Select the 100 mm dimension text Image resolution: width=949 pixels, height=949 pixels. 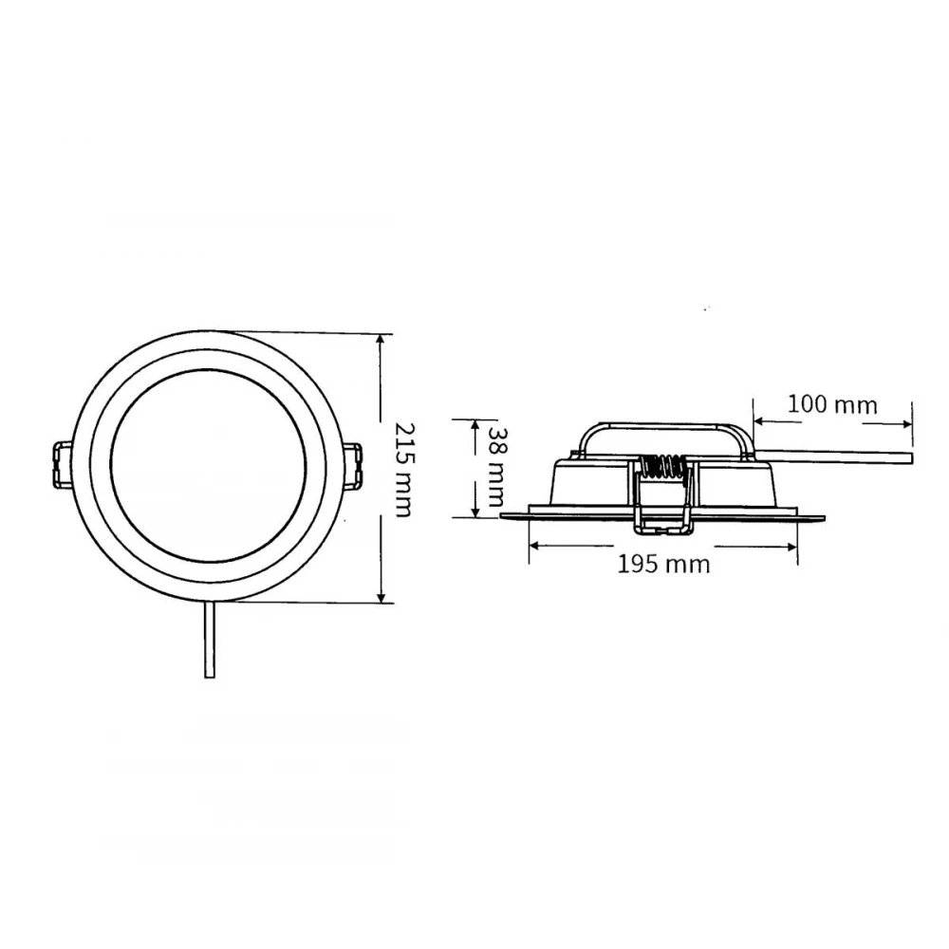point(832,403)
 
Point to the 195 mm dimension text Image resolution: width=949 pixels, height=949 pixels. point(663,564)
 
